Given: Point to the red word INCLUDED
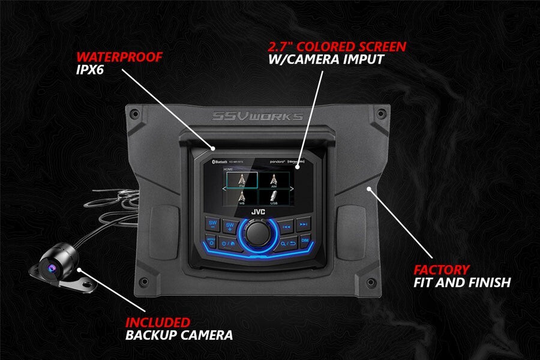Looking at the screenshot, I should coord(158,323).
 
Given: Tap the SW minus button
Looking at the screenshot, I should coord(212,224).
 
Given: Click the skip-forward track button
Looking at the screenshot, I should coord(304,224).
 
